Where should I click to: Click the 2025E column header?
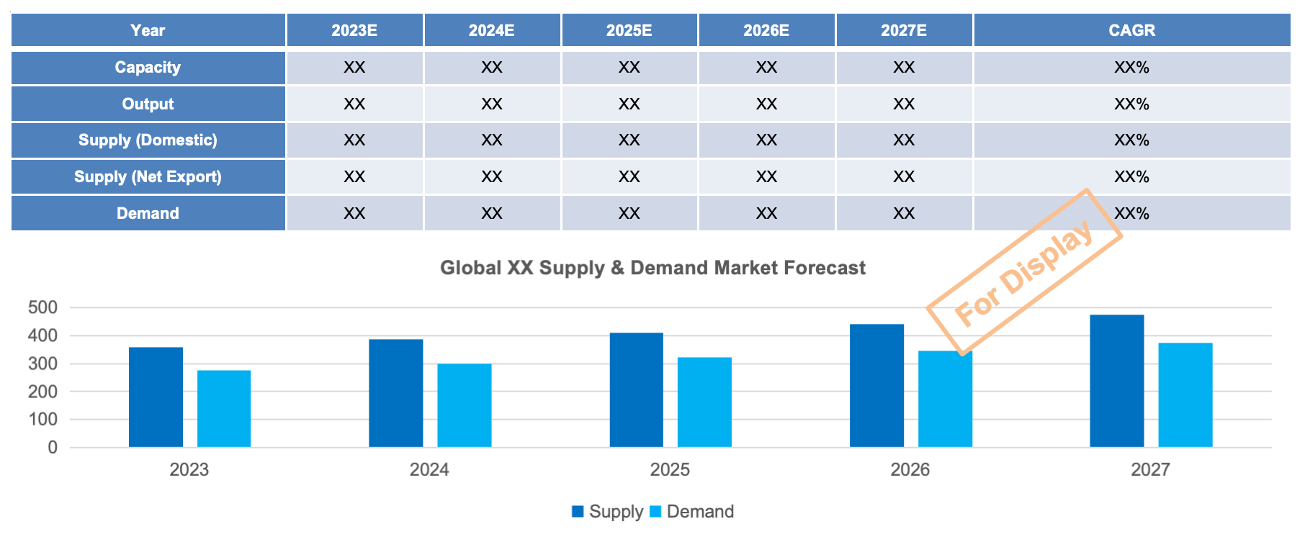pos(629,30)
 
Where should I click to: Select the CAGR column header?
pos(1131,30)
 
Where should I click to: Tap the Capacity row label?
pos(148,67)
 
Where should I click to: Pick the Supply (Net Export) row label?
pos(148,176)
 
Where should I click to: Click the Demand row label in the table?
pos(148,213)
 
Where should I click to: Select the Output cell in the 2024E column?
pos(492,104)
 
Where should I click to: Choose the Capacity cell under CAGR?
pos(1131,67)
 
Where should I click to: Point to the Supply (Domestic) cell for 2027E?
pos(904,140)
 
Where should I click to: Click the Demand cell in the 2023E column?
pos(354,213)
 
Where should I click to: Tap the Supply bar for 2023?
pos(156,397)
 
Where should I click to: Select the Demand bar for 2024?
pos(465,405)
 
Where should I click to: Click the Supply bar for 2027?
pos(1116,381)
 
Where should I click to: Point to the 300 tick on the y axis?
pos(42,364)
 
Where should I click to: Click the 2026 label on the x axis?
pos(910,469)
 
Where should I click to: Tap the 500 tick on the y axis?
pos(42,307)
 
